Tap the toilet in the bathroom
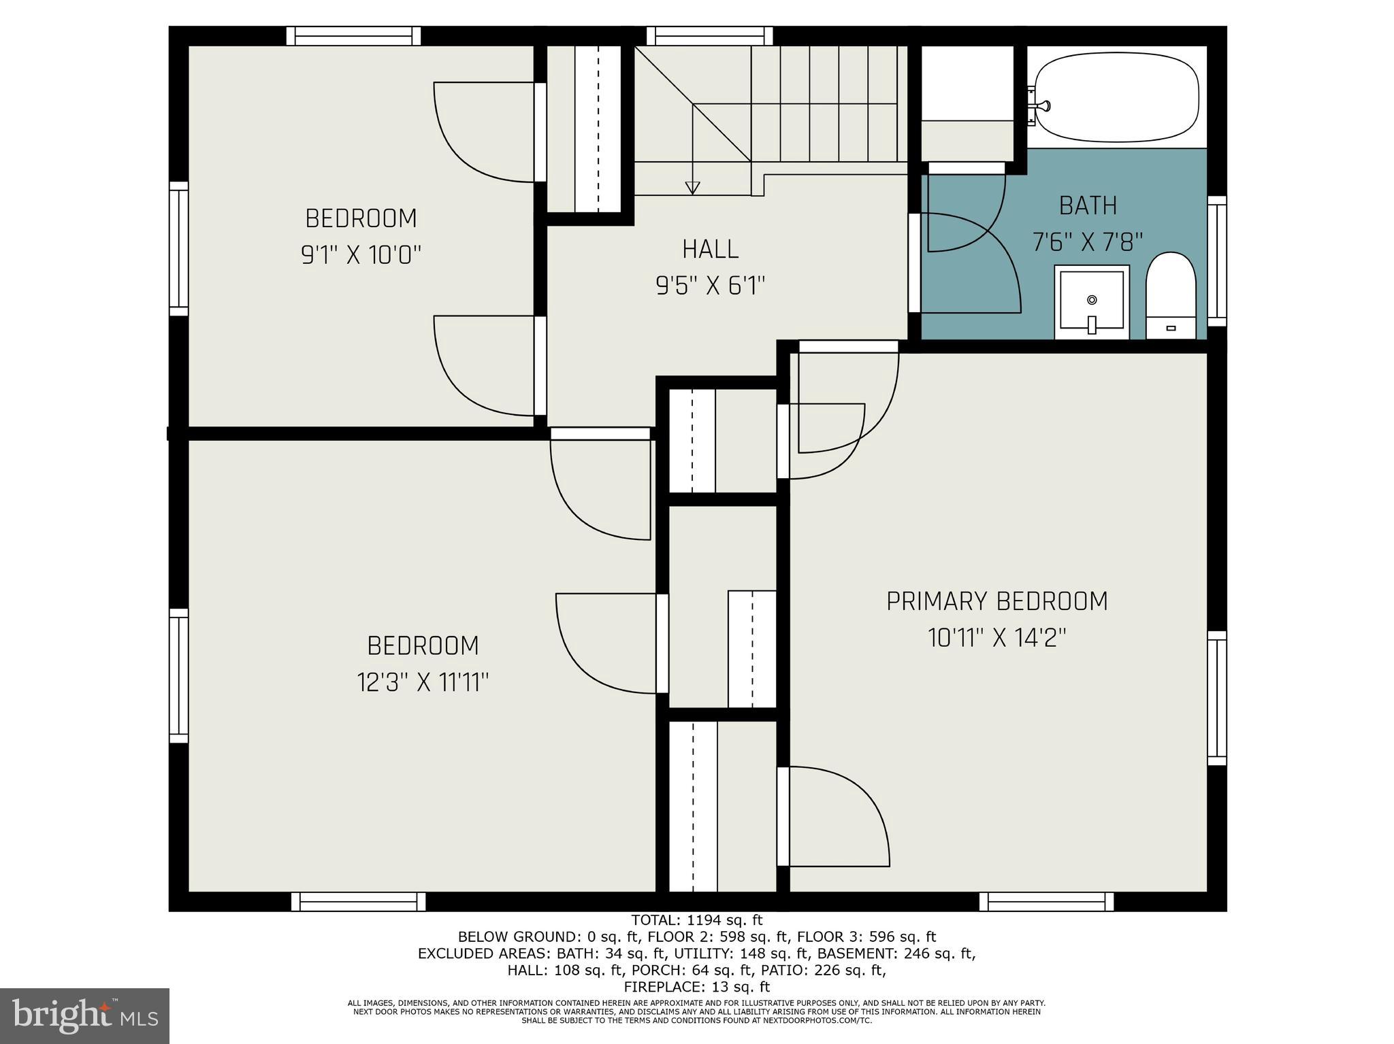1171,297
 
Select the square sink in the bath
1092,303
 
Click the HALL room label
710,249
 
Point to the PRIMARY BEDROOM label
996,601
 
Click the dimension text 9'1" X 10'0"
361,255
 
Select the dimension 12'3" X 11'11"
423,681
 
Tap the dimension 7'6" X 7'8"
1087,241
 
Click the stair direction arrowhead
692,188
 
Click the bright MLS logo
84,1015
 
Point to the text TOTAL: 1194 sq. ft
696,920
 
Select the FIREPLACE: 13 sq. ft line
696,986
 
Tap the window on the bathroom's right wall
1216,261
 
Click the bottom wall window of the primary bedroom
1046,902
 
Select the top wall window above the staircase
709,35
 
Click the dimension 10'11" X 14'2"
996,638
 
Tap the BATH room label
1088,205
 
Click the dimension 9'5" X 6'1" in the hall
710,286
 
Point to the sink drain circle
1092,300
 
